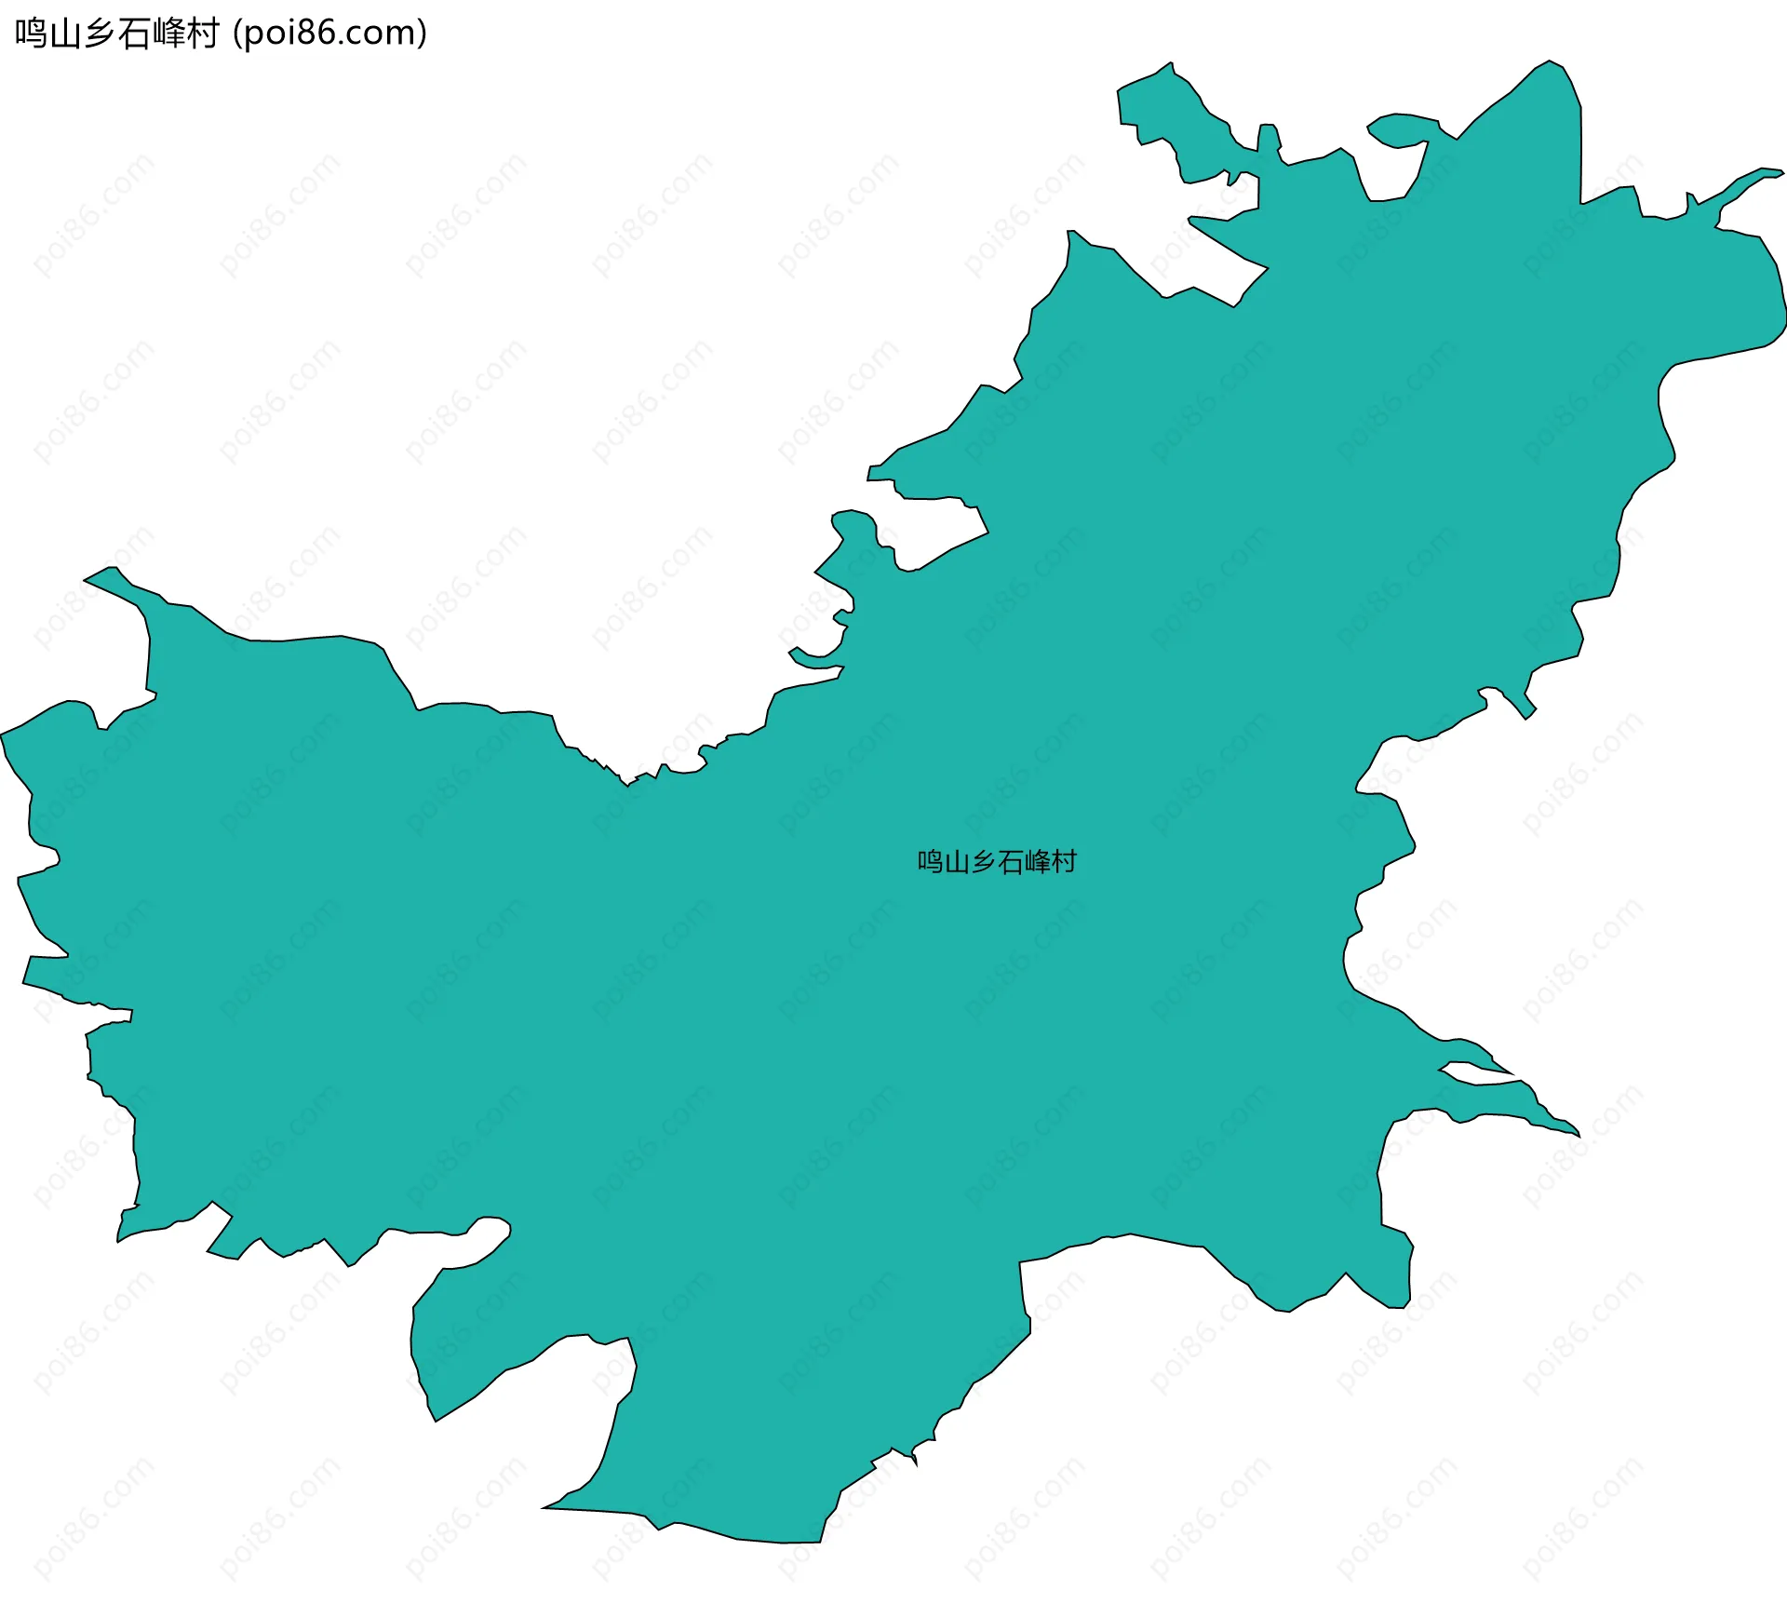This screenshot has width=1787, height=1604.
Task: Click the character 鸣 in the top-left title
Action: [31, 34]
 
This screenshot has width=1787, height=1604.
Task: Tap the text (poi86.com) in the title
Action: [330, 34]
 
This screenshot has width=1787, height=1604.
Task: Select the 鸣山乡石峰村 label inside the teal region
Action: [997, 861]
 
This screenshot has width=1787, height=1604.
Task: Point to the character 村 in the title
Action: [202, 34]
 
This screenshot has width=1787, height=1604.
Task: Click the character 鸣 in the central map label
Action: [931, 861]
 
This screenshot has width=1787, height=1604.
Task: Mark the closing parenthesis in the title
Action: [422, 34]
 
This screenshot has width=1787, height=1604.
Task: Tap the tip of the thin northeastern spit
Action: [1780, 172]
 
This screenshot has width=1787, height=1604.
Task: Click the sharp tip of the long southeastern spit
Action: [1578, 1135]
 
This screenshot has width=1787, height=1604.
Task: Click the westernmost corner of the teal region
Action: [3, 735]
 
